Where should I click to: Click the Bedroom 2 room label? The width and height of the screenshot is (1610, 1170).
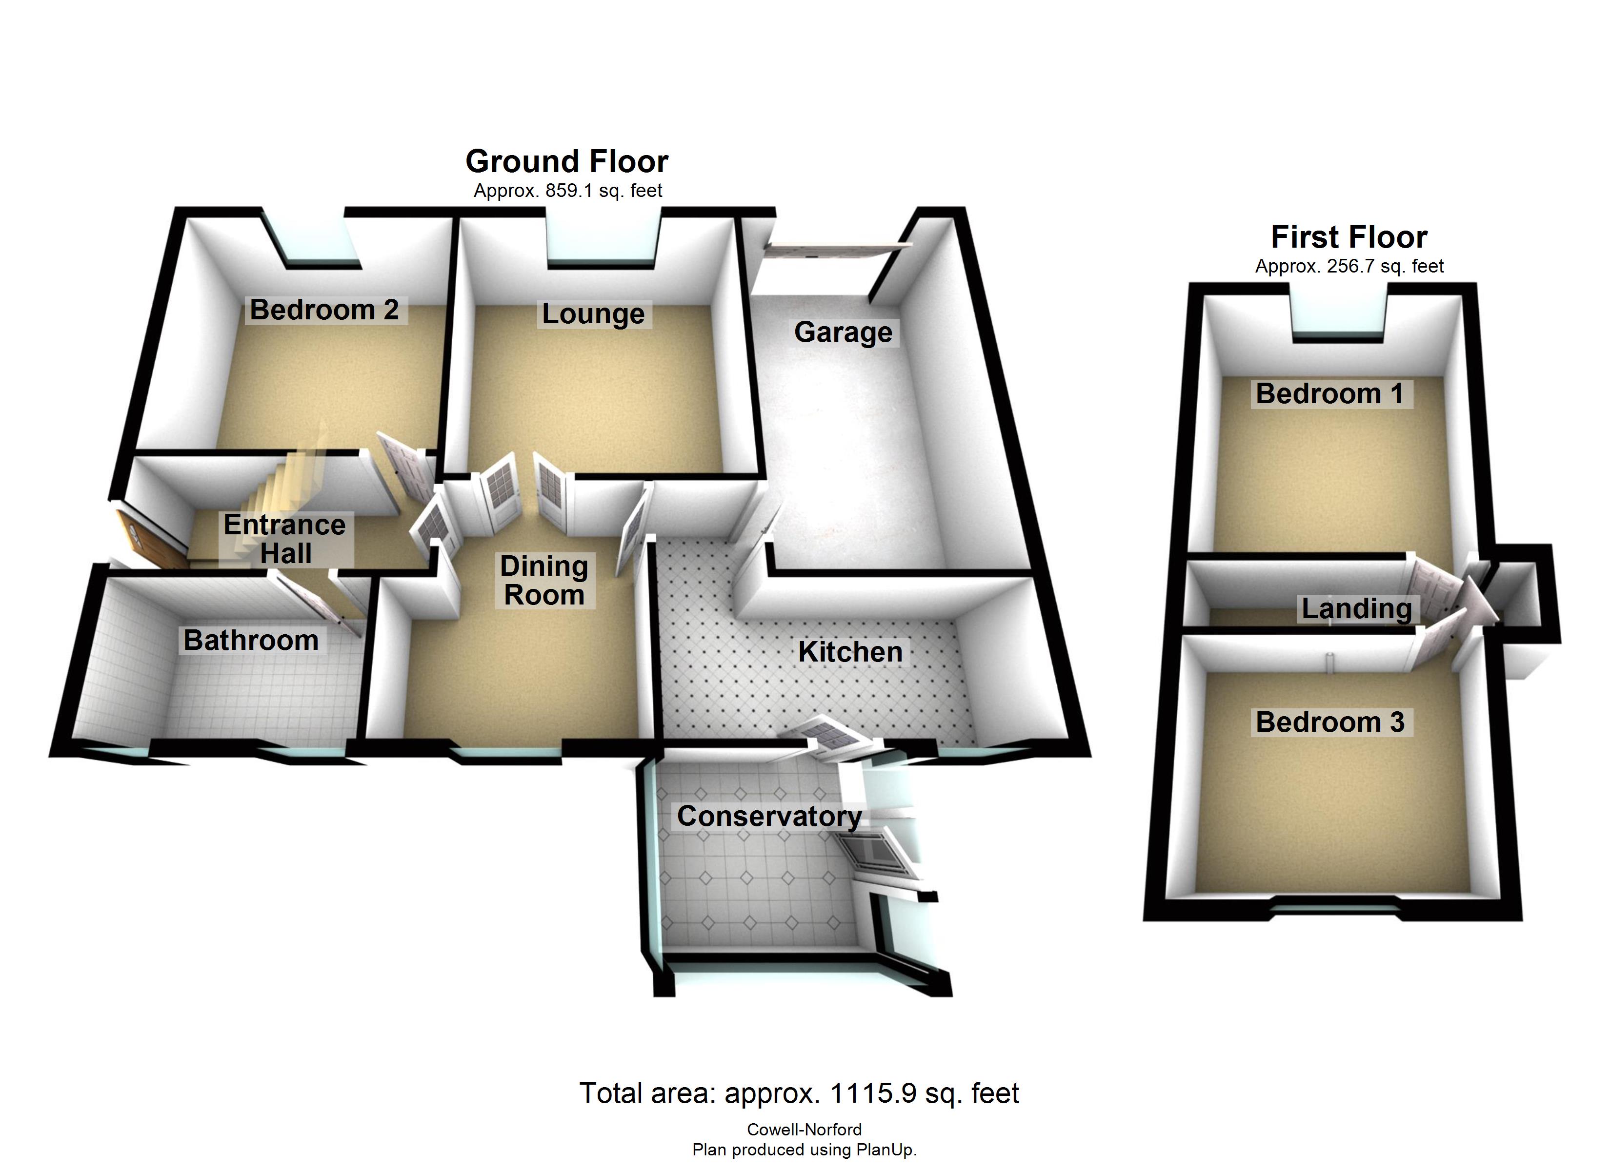(x=324, y=310)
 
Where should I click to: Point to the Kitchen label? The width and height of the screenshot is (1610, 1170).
(x=850, y=652)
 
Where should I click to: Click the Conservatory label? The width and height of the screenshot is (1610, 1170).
(x=769, y=816)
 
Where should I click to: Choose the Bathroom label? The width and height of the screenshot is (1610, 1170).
(x=251, y=640)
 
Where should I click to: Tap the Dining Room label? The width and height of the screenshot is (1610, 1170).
(x=544, y=581)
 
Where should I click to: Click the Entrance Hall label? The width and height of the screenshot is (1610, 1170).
(x=284, y=539)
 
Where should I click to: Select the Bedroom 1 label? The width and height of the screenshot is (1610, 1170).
(x=1329, y=394)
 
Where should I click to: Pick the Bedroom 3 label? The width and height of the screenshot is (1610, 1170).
(x=1329, y=722)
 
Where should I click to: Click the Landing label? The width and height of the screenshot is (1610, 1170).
(x=1356, y=609)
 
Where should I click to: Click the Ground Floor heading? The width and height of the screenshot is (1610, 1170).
(x=566, y=162)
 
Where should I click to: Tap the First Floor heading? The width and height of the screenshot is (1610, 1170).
(x=1349, y=237)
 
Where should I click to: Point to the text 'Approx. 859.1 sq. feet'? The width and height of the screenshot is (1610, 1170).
(x=568, y=191)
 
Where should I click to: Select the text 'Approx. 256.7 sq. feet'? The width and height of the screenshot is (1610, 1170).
(x=1349, y=266)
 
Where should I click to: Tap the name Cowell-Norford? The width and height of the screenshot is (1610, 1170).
(x=805, y=1130)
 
